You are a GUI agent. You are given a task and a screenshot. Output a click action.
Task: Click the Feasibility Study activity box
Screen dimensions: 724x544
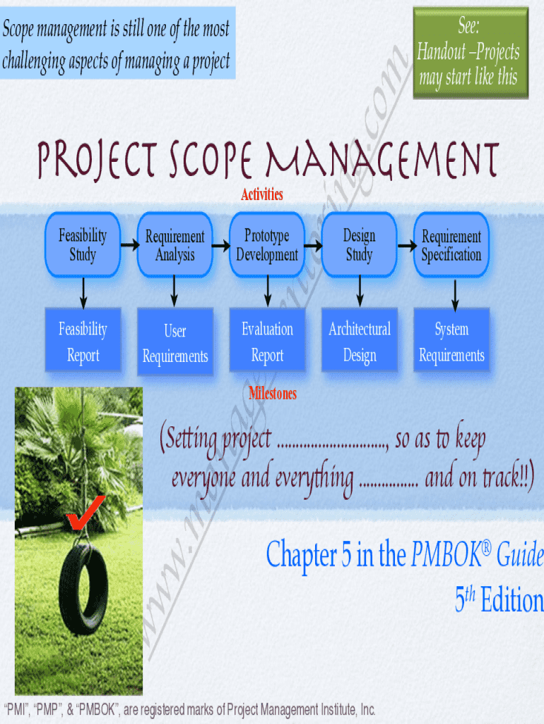pyautogui.click(x=83, y=245)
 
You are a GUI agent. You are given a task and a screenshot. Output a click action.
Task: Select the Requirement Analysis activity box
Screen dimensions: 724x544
pyautogui.click(x=175, y=245)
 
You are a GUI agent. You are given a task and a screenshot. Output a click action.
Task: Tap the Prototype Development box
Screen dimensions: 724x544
pyautogui.click(x=267, y=245)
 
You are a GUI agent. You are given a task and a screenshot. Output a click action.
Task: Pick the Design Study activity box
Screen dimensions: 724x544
pyautogui.click(x=359, y=245)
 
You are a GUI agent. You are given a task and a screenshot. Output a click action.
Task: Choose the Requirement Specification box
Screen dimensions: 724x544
pyautogui.click(x=451, y=245)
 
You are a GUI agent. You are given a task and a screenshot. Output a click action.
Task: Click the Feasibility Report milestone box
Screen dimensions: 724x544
pyautogui.click(x=83, y=341)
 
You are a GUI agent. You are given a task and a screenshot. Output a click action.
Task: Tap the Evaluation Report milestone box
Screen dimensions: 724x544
pyautogui.click(x=267, y=341)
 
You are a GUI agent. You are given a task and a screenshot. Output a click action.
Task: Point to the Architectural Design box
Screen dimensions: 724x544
pyautogui.click(x=359, y=341)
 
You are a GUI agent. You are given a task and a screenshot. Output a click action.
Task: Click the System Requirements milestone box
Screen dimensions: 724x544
pyautogui.click(x=451, y=341)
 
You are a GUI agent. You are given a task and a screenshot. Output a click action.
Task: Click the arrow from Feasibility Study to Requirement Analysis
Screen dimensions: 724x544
pyautogui.click(x=129, y=245)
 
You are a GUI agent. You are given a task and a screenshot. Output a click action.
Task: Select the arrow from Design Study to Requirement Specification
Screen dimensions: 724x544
pyautogui.click(x=406, y=245)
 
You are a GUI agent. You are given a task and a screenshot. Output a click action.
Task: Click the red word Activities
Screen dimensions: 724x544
pyautogui.click(x=262, y=194)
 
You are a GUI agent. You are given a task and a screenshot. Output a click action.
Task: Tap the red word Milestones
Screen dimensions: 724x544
pyautogui.click(x=273, y=394)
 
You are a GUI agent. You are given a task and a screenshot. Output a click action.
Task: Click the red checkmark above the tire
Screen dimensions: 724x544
pyautogui.click(x=85, y=512)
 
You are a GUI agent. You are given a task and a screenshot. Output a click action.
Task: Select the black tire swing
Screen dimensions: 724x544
pyautogui.click(x=83, y=587)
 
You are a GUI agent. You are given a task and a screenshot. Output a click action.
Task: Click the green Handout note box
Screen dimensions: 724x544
pyautogui.click(x=471, y=52)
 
